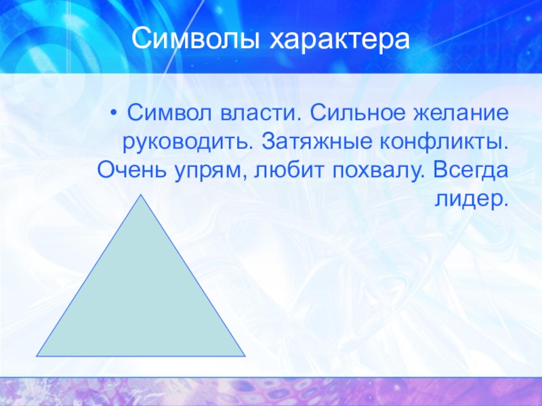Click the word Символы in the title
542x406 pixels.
point(196,39)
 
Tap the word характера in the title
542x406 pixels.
point(340,40)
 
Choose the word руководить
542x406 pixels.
point(188,143)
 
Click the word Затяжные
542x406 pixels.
point(316,141)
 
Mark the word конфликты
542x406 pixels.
point(444,142)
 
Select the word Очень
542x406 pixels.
point(132,171)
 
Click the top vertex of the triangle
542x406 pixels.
point(141,195)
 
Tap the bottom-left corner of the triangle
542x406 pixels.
point(37,356)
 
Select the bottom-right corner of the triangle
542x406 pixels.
point(245,356)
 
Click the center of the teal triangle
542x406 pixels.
point(141,302)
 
